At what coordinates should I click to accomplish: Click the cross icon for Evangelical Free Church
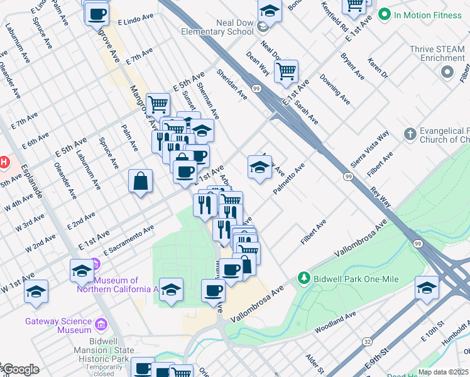pos(410,134)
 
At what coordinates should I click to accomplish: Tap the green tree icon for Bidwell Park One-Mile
pos(304,277)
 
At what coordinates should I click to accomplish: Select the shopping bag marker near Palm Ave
pos(141,181)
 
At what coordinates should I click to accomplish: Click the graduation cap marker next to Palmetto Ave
pos(260,167)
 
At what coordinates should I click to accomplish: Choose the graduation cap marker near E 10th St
pos(427,288)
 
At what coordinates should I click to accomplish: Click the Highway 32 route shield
pos(367,341)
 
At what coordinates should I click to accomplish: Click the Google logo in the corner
pos(20,369)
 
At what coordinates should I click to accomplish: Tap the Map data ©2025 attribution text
pos(442,372)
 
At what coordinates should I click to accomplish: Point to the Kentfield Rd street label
pos(334,18)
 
